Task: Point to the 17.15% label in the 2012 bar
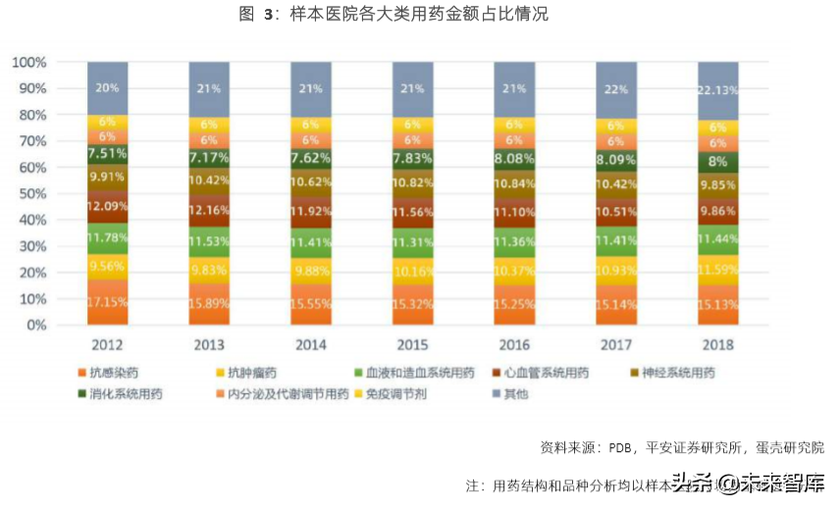click(x=108, y=300)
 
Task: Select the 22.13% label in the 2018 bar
click(x=717, y=89)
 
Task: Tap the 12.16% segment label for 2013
click(x=210, y=211)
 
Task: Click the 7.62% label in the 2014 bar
click(x=311, y=156)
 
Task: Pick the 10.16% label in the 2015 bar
click(x=413, y=272)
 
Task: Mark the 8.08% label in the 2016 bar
click(x=514, y=157)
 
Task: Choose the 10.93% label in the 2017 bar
click(x=616, y=270)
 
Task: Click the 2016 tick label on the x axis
click(x=514, y=345)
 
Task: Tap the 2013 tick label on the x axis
click(x=210, y=345)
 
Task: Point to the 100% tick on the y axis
click(x=29, y=63)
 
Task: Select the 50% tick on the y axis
click(x=32, y=194)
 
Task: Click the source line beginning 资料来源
click(x=681, y=446)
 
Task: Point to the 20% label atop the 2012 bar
click(x=108, y=87)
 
